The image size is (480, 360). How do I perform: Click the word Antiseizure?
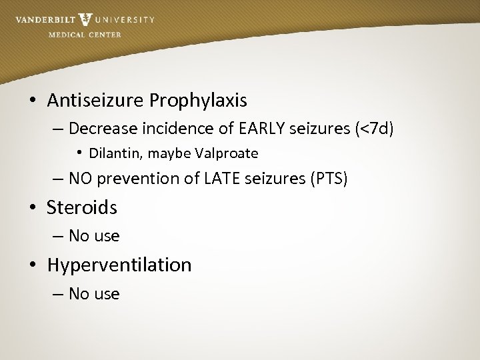point(95,101)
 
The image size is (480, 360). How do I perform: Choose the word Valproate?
point(227,153)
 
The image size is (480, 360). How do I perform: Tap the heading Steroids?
point(82,207)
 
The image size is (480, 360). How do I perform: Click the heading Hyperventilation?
point(119,265)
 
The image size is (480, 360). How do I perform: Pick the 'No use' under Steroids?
point(94,236)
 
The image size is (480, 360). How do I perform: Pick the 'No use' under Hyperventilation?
point(94,294)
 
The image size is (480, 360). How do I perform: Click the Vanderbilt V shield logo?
point(85,20)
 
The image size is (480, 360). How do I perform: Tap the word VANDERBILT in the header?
point(45,20)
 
